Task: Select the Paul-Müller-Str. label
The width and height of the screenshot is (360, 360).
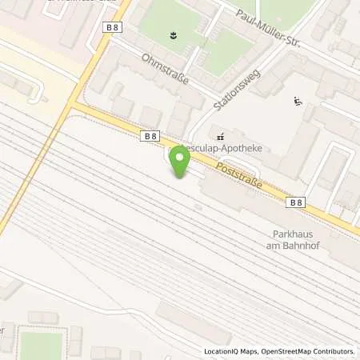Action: tap(271, 25)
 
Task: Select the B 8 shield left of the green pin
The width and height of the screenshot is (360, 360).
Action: tap(150, 137)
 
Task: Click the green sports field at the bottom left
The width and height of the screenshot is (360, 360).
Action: tap(42, 345)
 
